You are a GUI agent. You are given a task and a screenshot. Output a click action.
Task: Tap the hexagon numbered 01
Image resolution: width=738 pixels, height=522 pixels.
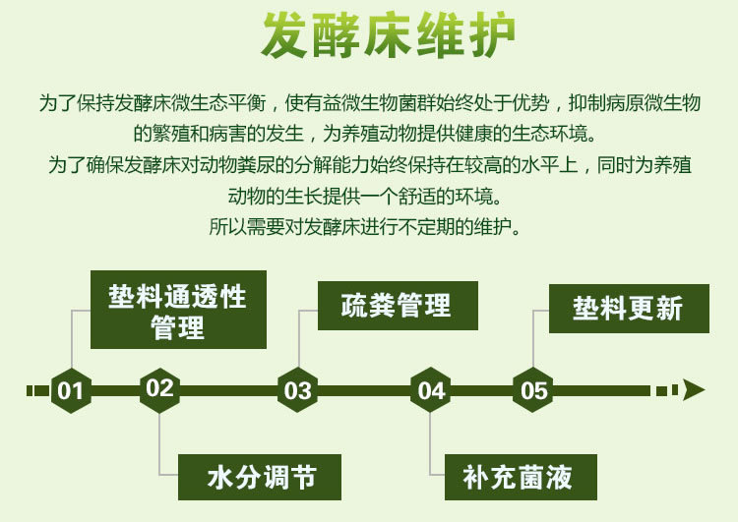(71, 390)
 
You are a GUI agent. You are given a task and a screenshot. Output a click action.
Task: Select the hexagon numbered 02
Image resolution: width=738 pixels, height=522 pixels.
(159, 387)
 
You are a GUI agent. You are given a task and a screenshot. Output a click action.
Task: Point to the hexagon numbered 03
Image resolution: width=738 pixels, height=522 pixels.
(297, 390)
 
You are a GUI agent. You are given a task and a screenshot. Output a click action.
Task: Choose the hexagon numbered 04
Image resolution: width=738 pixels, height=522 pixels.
(432, 390)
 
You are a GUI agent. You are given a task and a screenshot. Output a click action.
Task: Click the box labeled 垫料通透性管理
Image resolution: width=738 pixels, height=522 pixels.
(178, 310)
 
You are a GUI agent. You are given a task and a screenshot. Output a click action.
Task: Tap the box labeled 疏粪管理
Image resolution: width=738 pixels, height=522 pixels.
(397, 306)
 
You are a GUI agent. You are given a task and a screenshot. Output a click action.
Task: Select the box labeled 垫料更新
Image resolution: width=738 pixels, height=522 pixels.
(628, 309)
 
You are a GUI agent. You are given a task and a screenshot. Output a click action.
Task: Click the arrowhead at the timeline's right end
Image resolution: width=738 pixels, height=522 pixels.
(694, 390)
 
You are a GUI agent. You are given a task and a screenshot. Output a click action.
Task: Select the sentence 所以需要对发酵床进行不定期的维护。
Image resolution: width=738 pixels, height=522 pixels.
(370, 226)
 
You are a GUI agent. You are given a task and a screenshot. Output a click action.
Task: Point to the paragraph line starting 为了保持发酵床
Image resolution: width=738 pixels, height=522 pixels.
(369, 103)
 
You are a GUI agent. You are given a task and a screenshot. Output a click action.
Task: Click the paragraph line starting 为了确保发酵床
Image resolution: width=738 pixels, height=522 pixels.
(369, 165)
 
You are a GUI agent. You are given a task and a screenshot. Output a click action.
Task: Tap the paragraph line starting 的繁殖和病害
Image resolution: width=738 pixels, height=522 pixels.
(369, 134)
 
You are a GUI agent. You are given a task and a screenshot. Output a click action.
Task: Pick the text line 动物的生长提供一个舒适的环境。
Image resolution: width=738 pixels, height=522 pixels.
(369, 196)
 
